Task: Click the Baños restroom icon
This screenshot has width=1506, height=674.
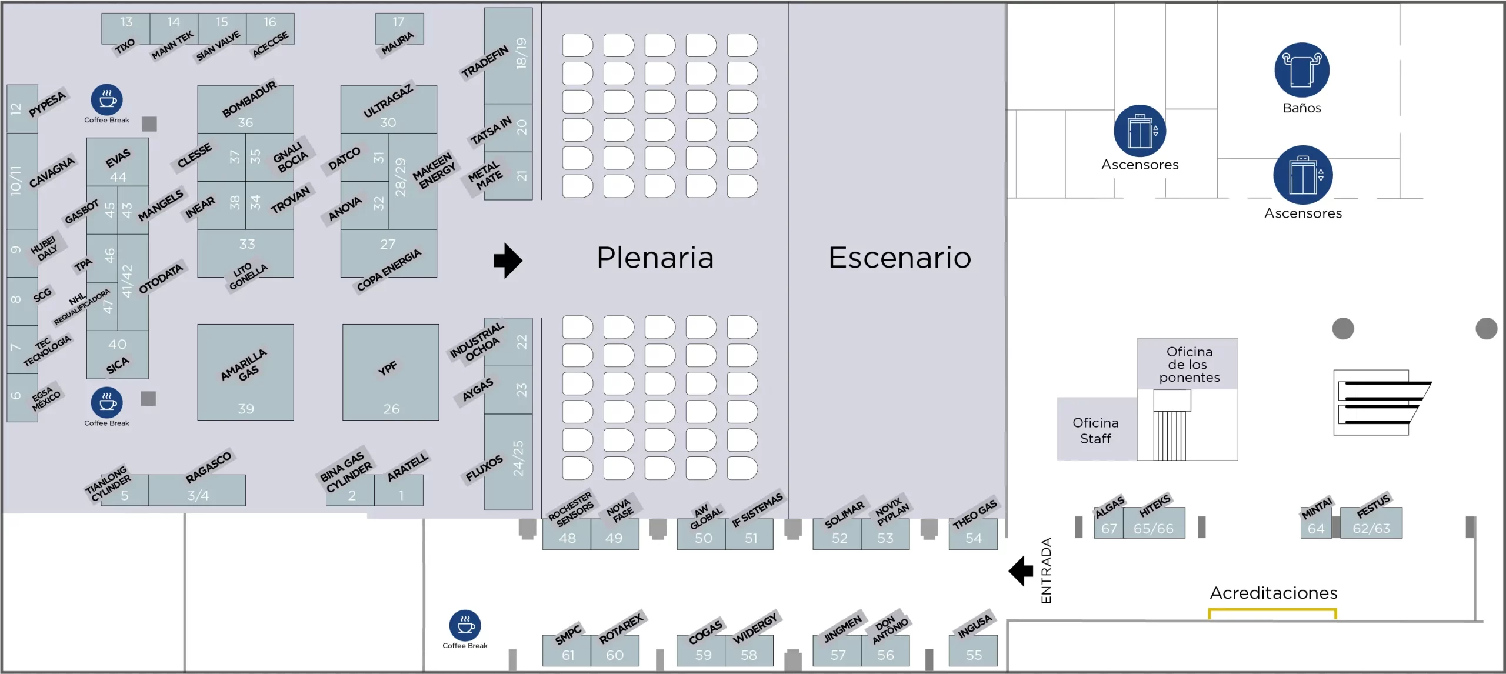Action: pos(1301,70)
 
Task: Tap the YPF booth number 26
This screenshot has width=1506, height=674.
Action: pos(391,409)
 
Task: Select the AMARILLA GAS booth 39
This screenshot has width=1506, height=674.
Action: pos(246,409)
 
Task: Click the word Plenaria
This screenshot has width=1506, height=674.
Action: pos(655,258)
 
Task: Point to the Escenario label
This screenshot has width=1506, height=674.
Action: pos(899,258)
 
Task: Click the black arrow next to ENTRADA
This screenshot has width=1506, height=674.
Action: pos(1021,570)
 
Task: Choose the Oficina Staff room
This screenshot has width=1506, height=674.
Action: pos(1095,431)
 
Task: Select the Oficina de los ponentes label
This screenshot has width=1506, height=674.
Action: pos(1189,365)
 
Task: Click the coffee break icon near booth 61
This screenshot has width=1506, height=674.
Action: pos(465,625)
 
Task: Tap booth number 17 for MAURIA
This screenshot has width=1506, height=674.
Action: pos(398,22)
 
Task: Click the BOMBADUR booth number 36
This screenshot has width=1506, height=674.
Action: pos(245,122)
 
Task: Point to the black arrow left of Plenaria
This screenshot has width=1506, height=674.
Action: pos(508,260)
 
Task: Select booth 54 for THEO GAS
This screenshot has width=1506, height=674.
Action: pos(974,538)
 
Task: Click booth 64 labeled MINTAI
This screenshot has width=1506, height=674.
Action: pos(1316,528)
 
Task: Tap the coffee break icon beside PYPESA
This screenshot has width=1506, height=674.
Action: pos(106,100)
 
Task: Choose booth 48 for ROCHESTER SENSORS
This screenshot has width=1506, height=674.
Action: pos(567,538)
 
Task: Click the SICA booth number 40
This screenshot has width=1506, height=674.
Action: pos(117,344)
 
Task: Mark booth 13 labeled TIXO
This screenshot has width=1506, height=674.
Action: pos(126,22)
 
